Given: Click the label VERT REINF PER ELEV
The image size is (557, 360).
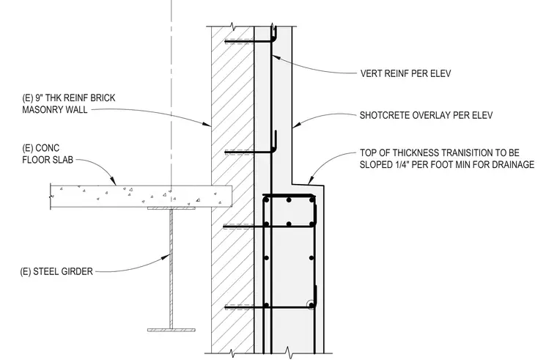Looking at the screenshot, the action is (x=405, y=73).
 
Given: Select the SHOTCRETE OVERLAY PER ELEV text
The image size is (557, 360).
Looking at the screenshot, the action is (x=426, y=115).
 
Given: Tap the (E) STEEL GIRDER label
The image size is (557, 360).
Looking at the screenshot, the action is (x=56, y=271).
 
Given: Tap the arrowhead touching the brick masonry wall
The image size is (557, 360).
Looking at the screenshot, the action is (x=207, y=124).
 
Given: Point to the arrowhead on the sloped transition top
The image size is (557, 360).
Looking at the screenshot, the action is (x=311, y=180).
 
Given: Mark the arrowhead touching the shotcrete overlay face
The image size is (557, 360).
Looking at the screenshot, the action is (x=297, y=125).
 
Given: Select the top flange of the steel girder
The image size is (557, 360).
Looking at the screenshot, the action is (x=171, y=208).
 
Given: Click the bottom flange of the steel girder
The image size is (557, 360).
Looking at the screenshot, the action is (x=171, y=330).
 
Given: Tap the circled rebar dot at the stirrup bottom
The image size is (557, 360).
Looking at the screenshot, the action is (x=311, y=305).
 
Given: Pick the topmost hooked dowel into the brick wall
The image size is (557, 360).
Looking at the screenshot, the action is (x=251, y=38).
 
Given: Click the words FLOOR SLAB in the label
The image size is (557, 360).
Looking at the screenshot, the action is (x=48, y=160).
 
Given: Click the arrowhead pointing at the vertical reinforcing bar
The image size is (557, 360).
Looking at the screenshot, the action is (x=276, y=58).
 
